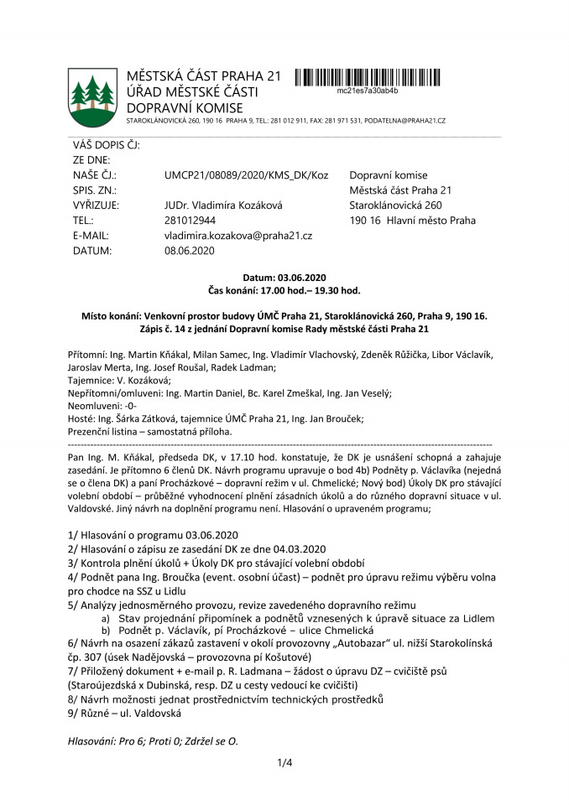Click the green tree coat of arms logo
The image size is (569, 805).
tap(92, 93)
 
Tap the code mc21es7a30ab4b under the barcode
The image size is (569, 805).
tap(367, 90)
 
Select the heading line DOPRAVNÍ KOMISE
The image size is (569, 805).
tap(184, 107)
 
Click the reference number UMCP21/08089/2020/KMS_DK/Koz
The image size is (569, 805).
tap(247, 175)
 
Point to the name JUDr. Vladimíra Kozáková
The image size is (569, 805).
tap(224, 205)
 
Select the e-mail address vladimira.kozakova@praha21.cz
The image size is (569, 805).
tap(238, 236)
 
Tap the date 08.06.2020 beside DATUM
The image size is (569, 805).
tap(190, 251)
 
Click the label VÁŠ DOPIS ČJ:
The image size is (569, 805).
tap(106, 145)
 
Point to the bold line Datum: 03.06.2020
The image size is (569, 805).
tap(284, 277)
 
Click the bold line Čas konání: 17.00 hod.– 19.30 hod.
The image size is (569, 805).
tap(284, 290)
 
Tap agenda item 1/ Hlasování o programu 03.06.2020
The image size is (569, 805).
tap(154, 534)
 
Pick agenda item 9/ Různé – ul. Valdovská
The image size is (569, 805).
tap(124, 713)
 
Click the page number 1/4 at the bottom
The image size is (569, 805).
tap(284, 762)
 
